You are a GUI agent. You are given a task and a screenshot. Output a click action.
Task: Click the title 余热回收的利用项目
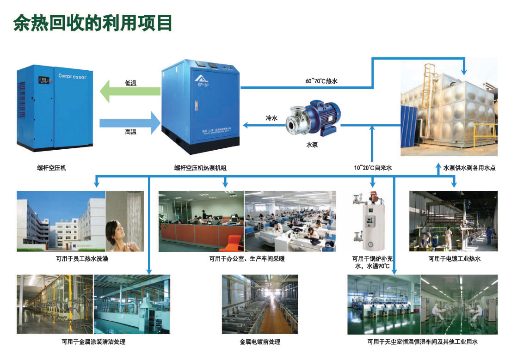pyautogui.click(x=92, y=22)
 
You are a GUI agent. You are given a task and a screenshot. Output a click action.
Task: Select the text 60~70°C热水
pyautogui.click(x=323, y=81)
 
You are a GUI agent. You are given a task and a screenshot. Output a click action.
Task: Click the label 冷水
pyautogui.click(x=271, y=118)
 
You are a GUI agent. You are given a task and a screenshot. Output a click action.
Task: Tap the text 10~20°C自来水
pyautogui.click(x=373, y=168)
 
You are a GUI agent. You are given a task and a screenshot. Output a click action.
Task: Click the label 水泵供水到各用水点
pyautogui.click(x=469, y=168)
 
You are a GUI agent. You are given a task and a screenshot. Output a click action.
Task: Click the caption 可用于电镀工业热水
pyautogui.click(x=455, y=259)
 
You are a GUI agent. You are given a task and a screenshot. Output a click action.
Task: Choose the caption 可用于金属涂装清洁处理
pyautogui.click(x=93, y=342)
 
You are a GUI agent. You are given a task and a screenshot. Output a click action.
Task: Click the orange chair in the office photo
pyautogui.click(x=234, y=243)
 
